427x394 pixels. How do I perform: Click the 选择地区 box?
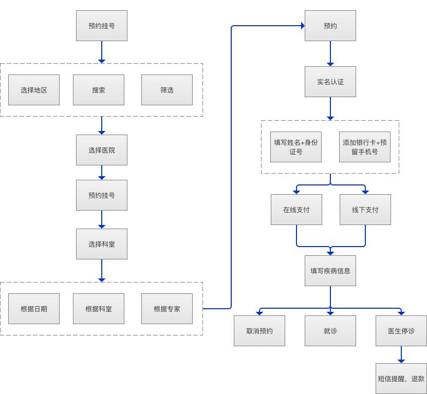click(34, 90)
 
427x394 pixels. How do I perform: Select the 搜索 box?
click(99, 90)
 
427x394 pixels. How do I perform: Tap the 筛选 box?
click(167, 90)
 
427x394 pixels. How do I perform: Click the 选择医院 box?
click(102, 150)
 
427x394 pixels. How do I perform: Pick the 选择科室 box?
click(102, 244)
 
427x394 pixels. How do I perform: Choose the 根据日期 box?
click(34, 309)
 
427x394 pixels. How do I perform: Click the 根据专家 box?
click(167, 309)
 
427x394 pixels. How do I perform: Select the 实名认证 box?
click(330, 82)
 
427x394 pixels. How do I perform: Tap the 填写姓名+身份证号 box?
click(296, 147)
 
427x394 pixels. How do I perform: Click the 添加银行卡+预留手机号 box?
click(365, 147)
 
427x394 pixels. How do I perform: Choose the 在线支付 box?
click(296, 210)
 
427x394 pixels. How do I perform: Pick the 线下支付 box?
click(365, 210)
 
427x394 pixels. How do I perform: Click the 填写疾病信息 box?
click(330, 270)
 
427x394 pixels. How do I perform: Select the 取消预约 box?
click(259, 330)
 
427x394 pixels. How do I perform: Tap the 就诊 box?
click(330, 330)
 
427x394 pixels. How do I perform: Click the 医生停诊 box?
click(401, 330)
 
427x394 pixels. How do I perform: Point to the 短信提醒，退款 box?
click(401, 379)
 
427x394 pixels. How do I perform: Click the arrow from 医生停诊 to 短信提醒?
click(401, 354)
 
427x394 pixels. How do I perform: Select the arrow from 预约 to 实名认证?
click(330, 53)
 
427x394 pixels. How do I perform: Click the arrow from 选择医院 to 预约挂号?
click(102, 173)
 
